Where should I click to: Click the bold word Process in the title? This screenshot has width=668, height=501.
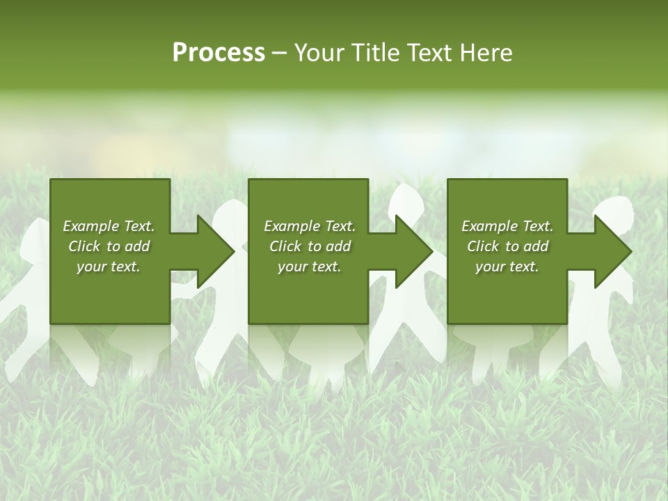pyautogui.click(x=218, y=53)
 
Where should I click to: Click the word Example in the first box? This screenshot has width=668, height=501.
pyautogui.click(x=90, y=226)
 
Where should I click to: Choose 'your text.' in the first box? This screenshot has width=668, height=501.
pyautogui.click(x=109, y=267)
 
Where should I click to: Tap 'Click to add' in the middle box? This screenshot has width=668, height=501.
pyautogui.click(x=310, y=246)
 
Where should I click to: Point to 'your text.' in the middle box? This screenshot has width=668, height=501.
pyautogui.click(x=310, y=267)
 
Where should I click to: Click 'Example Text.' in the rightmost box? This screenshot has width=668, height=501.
pyautogui.click(x=507, y=226)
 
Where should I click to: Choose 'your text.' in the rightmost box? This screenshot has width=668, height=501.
pyautogui.click(x=507, y=267)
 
